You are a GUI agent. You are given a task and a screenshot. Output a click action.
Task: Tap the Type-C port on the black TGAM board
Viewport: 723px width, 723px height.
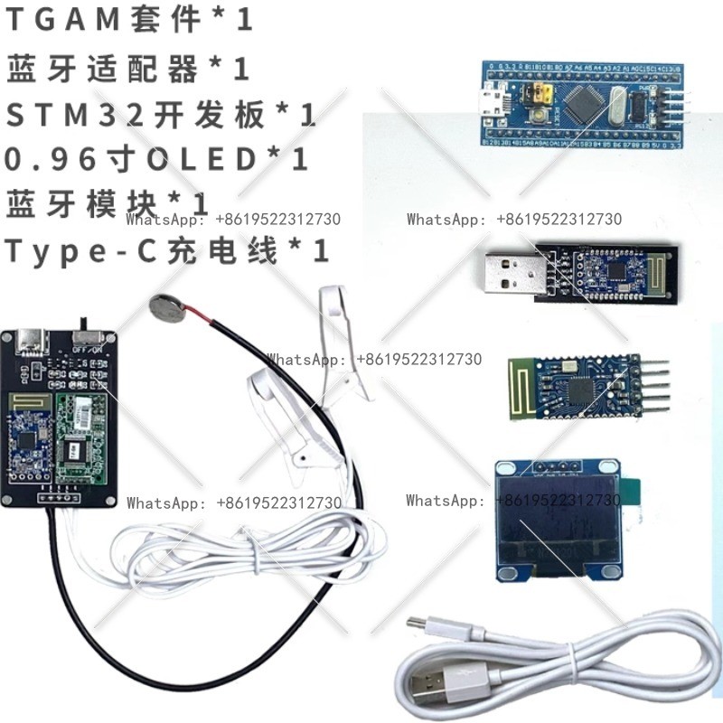[x=25, y=341]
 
